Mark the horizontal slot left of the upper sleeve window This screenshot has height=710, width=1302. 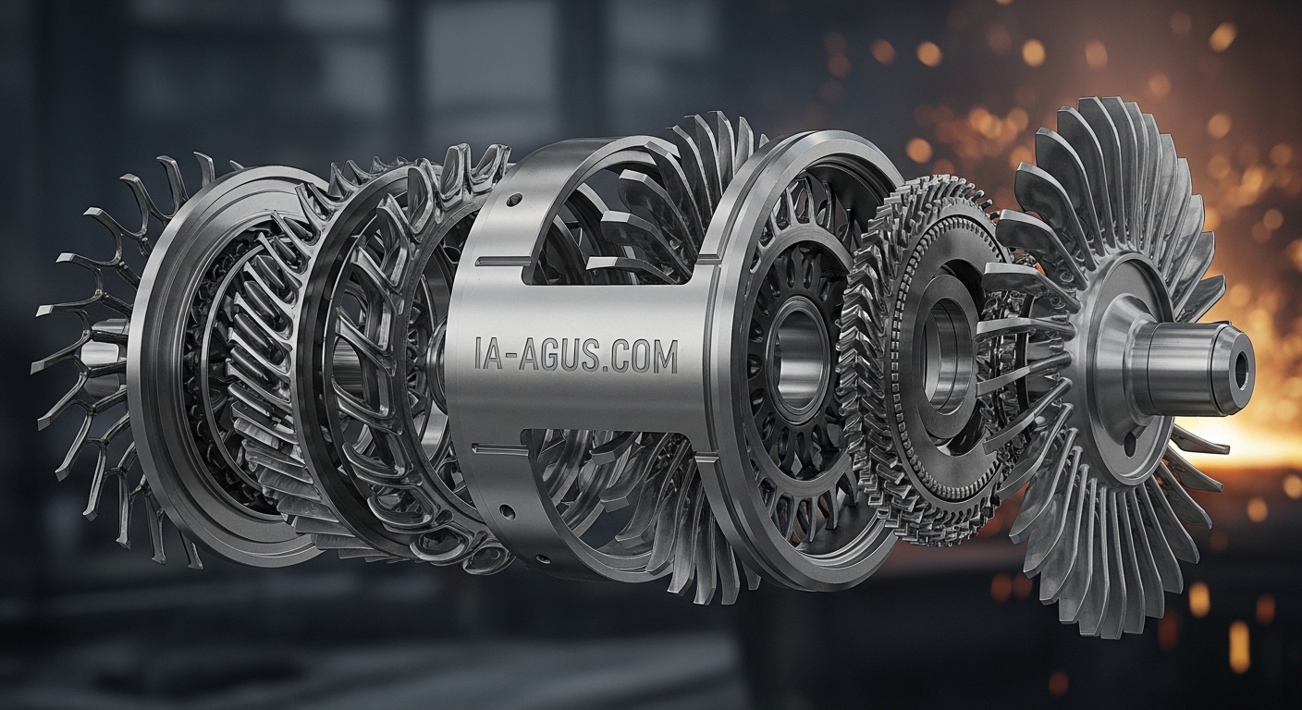(500, 262)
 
